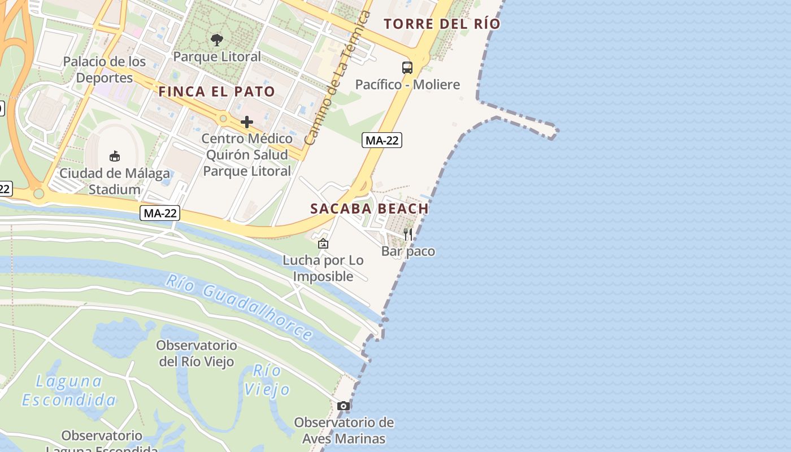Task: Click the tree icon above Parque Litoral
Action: pos(216,40)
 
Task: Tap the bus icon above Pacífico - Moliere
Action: pos(407,68)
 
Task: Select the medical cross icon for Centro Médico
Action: pos(247,121)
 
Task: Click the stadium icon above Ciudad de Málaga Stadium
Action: pos(115,156)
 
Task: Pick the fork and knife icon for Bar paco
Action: pos(408,234)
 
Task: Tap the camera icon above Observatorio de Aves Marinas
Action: pos(343,406)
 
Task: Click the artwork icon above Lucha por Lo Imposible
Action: pos(323,244)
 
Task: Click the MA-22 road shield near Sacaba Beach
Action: pos(382,141)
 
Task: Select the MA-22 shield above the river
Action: pos(160,213)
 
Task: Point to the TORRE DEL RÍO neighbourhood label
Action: pos(442,24)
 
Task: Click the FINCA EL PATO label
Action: pos(217,92)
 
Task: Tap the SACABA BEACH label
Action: pos(370,208)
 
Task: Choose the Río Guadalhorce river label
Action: pos(240,307)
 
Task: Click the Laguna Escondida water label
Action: pos(69,390)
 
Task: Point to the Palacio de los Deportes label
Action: pos(105,69)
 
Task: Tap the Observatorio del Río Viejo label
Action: pos(197,353)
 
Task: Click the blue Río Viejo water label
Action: pos(267,380)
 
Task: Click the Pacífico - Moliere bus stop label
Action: pos(407,85)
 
